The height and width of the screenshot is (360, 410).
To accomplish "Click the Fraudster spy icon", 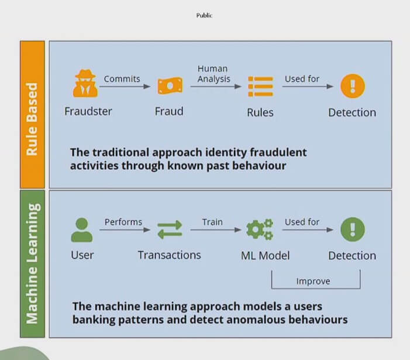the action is tap(85, 84).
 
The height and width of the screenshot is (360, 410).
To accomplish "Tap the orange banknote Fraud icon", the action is tap(170, 85).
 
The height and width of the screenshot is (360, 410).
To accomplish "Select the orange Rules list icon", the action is tap(260, 87).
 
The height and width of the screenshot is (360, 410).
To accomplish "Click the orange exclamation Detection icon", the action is tap(353, 86).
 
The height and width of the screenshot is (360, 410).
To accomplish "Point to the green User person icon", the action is tap(82, 230).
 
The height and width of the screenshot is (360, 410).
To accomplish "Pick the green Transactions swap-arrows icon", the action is tap(170, 229).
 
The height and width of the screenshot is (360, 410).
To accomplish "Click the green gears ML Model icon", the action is tap(260, 229).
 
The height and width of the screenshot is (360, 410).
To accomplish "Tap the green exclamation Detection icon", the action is tap(353, 229).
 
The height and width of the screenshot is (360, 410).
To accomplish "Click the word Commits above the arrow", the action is tap(122, 79).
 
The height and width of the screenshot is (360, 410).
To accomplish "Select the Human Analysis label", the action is tap(213, 74).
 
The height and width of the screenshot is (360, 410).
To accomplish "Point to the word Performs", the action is tap(123, 222).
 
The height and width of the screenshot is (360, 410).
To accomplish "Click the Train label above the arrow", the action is tap(212, 222).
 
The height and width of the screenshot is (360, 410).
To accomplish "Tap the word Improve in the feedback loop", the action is tap(313, 281).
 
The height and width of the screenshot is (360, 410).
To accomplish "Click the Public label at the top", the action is tap(204, 15).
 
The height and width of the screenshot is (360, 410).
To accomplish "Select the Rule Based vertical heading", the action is tap(32, 119).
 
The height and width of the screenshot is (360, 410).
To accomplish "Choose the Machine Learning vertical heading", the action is tap(32, 263).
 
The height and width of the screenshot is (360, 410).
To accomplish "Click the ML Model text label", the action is tap(265, 256).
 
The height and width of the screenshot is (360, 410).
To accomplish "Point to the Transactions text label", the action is tap(169, 255).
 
